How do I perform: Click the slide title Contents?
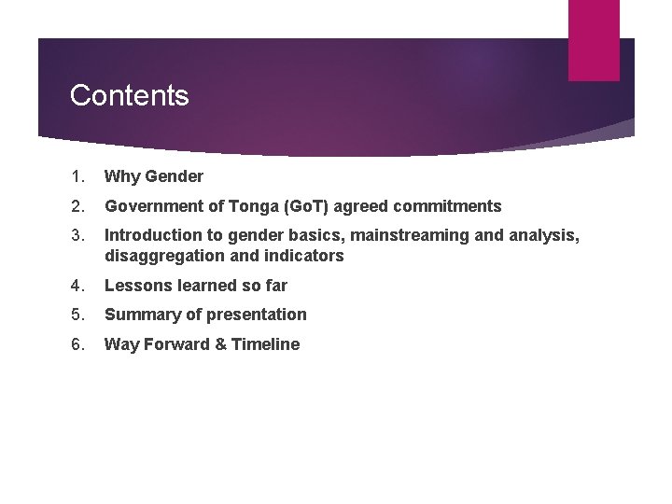coord(129,95)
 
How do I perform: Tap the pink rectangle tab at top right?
coord(594,39)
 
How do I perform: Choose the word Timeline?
coord(265,344)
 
